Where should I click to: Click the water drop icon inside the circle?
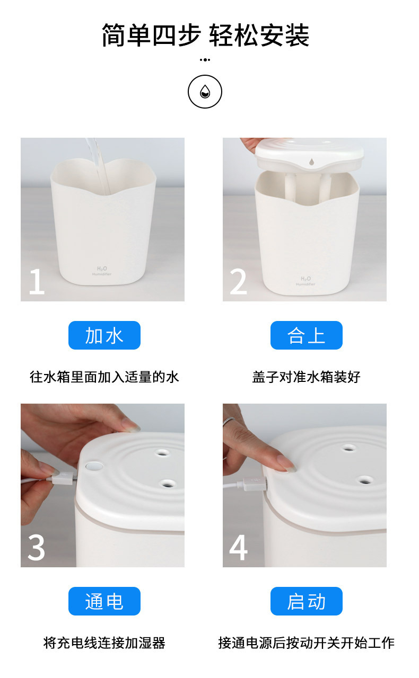click(205, 92)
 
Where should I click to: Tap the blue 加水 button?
click(104, 335)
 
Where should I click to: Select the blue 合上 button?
click(306, 335)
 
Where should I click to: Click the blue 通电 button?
click(104, 601)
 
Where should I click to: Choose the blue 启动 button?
click(306, 601)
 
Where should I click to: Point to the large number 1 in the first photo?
click(37, 281)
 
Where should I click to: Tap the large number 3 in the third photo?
click(36, 547)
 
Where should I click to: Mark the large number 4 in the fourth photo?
click(238, 547)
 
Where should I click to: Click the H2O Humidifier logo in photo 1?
click(102, 271)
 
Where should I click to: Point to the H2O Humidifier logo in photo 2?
click(305, 281)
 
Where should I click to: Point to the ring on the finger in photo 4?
click(229, 421)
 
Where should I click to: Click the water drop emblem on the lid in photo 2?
click(311, 162)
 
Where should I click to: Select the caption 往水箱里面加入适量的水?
click(104, 377)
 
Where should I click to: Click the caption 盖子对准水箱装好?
click(306, 377)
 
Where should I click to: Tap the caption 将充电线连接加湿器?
click(104, 643)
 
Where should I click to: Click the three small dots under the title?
click(205, 60)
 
